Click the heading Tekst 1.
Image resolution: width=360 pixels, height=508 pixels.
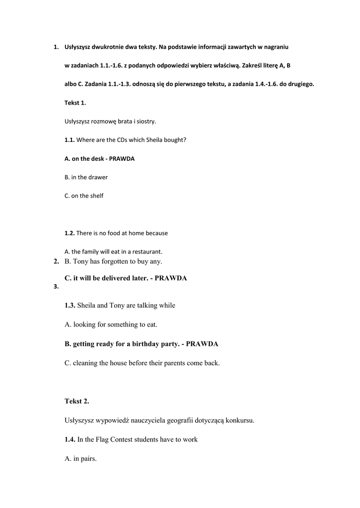pos(75,103)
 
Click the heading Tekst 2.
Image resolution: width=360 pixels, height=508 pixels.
pos(76,401)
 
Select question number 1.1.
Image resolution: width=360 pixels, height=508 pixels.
pos(70,140)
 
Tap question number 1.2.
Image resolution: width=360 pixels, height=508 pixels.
pos(70,233)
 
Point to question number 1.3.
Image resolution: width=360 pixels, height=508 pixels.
pos(70,306)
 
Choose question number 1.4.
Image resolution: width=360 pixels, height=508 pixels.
pos(70,440)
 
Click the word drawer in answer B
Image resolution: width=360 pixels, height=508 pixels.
pos(98,177)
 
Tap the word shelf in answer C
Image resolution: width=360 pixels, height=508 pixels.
pos(96,196)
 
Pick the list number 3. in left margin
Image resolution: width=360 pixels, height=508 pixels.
pos(56,287)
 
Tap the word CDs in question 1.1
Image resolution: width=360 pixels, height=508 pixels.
pos(116,140)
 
